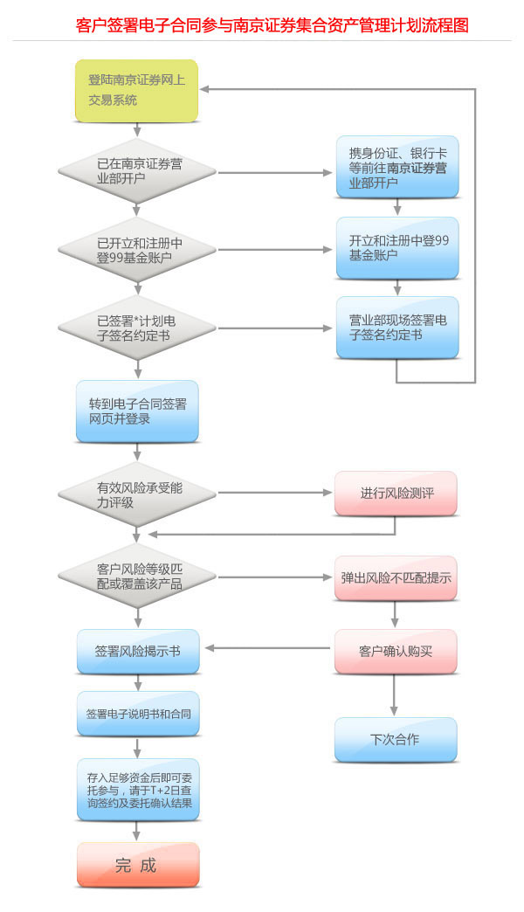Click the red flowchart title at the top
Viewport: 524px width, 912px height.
click(x=272, y=25)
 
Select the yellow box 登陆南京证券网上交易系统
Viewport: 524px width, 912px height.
click(x=137, y=91)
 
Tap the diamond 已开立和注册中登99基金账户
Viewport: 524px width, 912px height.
click(x=137, y=250)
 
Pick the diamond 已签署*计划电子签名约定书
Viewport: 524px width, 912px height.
click(x=137, y=327)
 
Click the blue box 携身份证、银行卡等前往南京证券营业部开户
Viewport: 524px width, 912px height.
click(x=397, y=167)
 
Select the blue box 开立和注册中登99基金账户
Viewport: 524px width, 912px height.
click(x=397, y=247)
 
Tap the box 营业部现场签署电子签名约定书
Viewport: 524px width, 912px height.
click(x=397, y=327)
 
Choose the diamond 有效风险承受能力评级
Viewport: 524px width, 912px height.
click(x=137, y=494)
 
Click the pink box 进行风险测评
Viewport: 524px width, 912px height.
click(x=396, y=494)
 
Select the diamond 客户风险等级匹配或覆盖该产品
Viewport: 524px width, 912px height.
click(x=137, y=577)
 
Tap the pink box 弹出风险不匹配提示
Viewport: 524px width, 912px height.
click(x=396, y=577)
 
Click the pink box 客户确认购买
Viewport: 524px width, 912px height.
click(x=396, y=651)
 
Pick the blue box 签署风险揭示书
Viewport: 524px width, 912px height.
click(x=137, y=651)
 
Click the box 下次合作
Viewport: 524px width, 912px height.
click(x=396, y=739)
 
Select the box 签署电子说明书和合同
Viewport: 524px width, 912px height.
click(x=137, y=714)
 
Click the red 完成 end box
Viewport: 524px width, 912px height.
click(x=137, y=865)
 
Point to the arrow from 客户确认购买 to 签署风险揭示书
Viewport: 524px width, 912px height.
click(x=266, y=648)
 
